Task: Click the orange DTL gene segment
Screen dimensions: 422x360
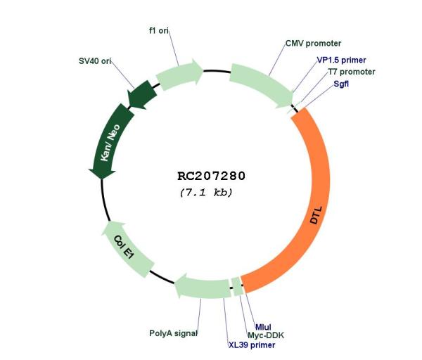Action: [x=319, y=205]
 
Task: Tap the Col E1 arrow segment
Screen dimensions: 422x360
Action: [x=124, y=247]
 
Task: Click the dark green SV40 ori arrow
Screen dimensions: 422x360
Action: [x=141, y=95]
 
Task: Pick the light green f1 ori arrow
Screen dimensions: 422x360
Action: [x=179, y=74]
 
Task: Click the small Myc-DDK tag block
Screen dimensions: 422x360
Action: [x=238, y=287]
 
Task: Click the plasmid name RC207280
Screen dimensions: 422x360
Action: [x=211, y=176]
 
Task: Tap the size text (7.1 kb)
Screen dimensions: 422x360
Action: [x=206, y=193]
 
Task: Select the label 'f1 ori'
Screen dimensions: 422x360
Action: [x=159, y=31]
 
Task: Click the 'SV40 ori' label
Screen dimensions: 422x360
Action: [x=95, y=61]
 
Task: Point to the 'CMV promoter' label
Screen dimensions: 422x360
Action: [x=313, y=44]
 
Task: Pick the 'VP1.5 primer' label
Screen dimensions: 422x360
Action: [x=341, y=60]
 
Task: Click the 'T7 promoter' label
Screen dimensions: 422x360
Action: [x=352, y=72]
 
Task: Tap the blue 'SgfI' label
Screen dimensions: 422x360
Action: [x=341, y=84]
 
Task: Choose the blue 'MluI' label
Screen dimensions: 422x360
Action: [x=263, y=327]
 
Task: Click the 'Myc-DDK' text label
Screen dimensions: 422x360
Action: [x=266, y=335]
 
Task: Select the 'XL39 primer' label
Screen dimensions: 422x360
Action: [x=252, y=345]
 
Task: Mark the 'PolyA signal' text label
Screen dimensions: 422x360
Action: [x=173, y=333]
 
